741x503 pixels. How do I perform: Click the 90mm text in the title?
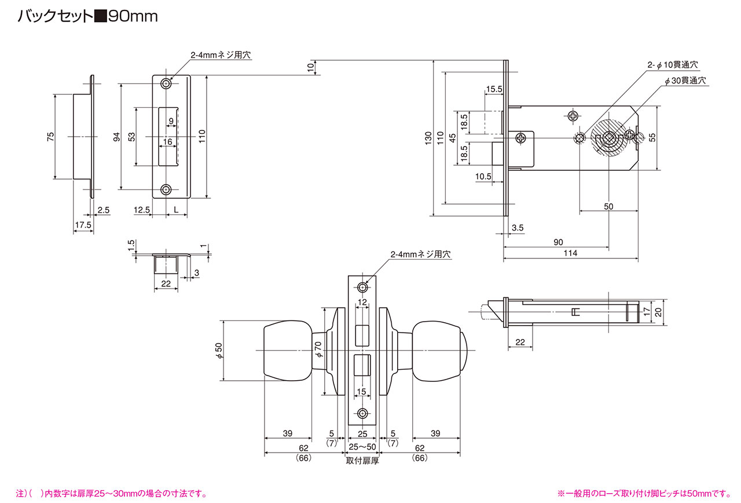click(133, 16)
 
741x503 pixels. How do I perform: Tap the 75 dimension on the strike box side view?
click(50, 136)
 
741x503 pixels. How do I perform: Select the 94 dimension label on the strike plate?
click(117, 137)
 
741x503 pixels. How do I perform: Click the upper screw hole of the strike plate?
click(166, 84)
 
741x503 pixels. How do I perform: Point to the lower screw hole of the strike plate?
click(166, 189)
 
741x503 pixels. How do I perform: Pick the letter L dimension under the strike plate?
click(177, 210)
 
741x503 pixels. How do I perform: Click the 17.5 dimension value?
click(83, 225)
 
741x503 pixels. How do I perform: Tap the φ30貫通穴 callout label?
click(685, 81)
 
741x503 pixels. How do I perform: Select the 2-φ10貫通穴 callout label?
click(673, 65)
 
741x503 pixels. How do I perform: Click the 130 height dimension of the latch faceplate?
click(428, 138)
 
